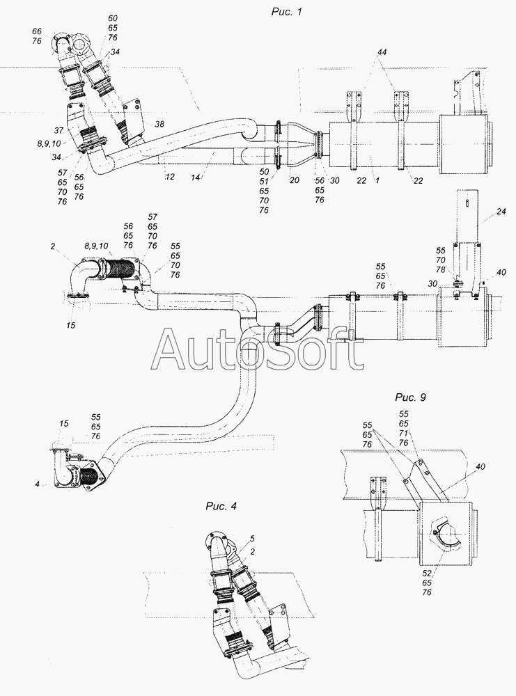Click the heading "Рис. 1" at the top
(286, 12)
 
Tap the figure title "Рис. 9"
(410, 397)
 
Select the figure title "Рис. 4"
(221, 506)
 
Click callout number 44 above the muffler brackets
(382, 52)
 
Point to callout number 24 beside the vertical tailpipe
(501, 212)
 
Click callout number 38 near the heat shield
(159, 125)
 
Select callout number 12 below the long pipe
(169, 177)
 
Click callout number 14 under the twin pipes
(196, 177)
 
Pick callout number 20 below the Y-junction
(294, 180)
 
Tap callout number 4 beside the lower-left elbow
(38, 484)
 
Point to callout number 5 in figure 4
(252, 539)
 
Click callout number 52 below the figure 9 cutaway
(427, 574)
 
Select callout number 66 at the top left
(37, 31)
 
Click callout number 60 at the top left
(112, 18)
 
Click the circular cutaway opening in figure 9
(444, 537)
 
